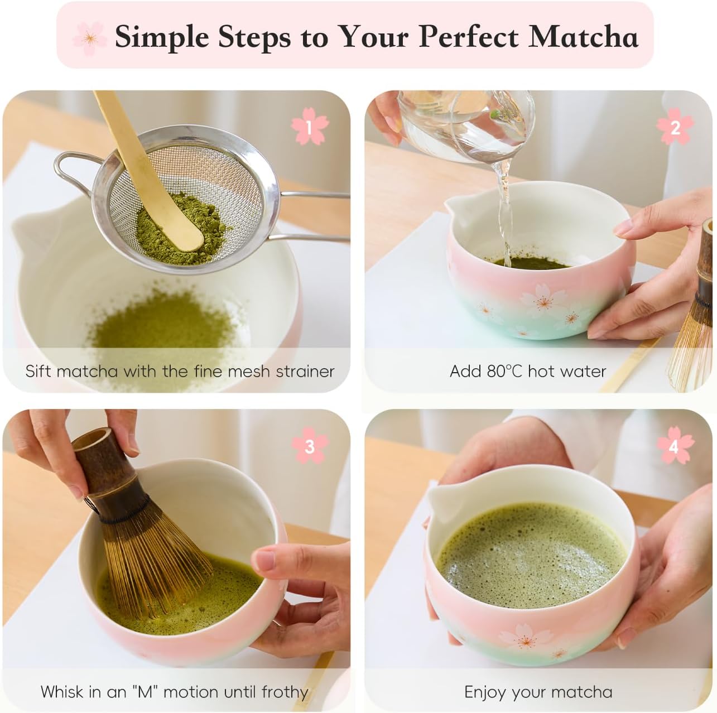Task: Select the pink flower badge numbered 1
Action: click(309, 128)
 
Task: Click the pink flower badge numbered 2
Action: click(675, 128)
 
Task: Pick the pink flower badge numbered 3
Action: click(309, 446)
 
